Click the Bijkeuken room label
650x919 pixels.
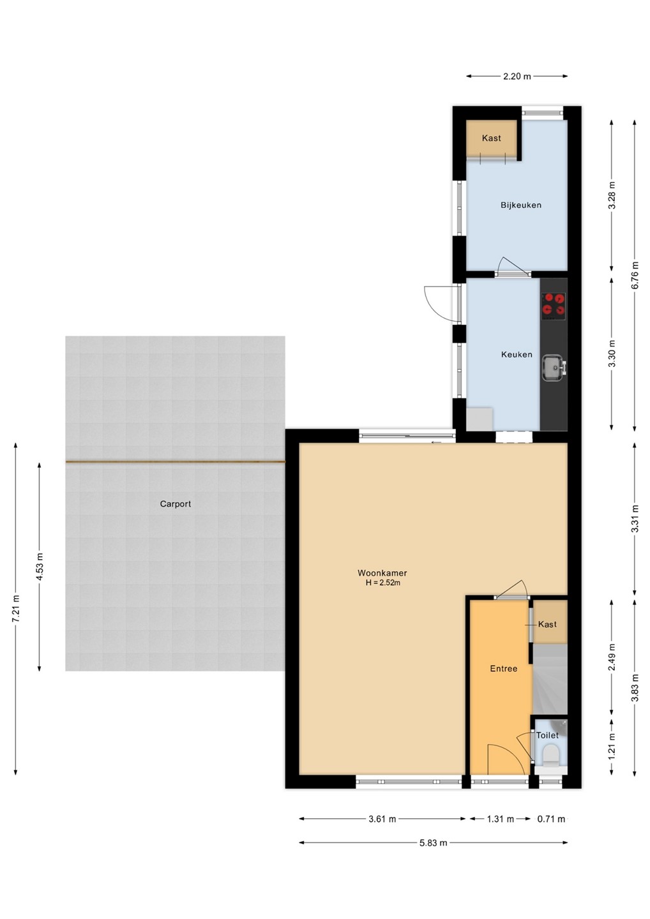pos(521,205)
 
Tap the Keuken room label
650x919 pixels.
pos(517,354)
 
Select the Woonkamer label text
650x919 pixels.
pos(382,573)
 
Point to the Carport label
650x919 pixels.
pos(175,504)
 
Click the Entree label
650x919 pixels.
pos(504,669)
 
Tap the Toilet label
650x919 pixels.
pos(547,735)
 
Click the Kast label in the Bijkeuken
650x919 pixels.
pos(491,138)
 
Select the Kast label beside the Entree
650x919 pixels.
pos(547,624)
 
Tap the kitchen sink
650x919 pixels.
pos(554,368)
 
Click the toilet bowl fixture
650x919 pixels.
pos(550,756)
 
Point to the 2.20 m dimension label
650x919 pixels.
pos(517,77)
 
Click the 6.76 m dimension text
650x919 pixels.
pos(635,275)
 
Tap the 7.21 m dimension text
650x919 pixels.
pos(16,609)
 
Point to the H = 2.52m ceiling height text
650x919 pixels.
pos(383,583)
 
